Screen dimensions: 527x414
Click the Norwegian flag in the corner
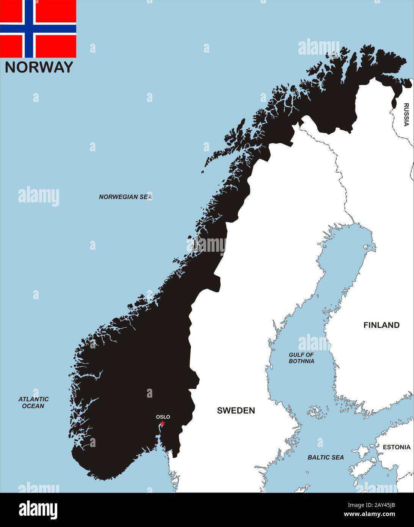pyautogui.click(x=38, y=28)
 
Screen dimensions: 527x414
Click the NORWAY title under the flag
pyautogui.click(x=39, y=67)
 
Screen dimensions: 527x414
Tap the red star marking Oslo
pyautogui.click(x=163, y=423)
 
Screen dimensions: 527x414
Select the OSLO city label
pyautogui.click(x=163, y=417)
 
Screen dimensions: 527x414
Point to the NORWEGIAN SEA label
pyautogui.click(x=125, y=197)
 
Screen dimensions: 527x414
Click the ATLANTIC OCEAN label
pyautogui.click(x=33, y=403)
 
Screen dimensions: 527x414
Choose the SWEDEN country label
pyautogui.click(x=236, y=410)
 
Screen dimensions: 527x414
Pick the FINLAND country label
pyautogui.click(x=381, y=325)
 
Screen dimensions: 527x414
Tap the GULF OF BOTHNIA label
pyautogui.click(x=301, y=358)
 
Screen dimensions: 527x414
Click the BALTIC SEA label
pyautogui.click(x=326, y=457)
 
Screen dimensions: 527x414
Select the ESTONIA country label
pyautogui.click(x=396, y=447)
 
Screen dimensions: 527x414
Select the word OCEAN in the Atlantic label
pyautogui.click(x=33, y=406)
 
